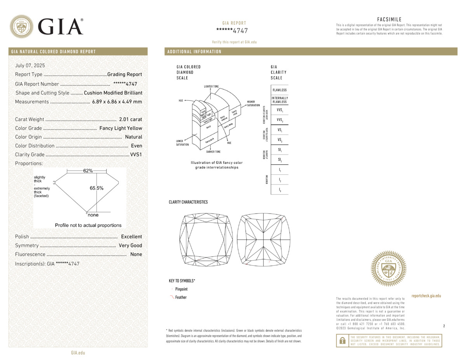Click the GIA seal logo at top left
tap(21, 26)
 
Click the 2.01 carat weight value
tap(130, 119)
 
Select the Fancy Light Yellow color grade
tap(121, 128)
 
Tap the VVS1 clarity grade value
tap(136, 155)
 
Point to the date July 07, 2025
tap(30, 66)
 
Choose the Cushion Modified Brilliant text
tap(113, 93)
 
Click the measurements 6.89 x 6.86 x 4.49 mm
tap(117, 102)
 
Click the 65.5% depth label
tap(97, 188)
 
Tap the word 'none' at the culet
tap(93, 215)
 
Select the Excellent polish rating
tap(132, 237)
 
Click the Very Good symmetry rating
tap(130, 245)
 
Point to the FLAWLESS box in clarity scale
tap(280, 90)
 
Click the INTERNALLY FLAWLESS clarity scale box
tap(280, 100)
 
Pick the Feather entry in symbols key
tap(181, 297)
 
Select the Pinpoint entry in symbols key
tap(181, 289)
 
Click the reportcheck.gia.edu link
tap(426, 296)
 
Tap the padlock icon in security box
tap(342, 341)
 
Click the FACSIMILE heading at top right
tap(389, 19)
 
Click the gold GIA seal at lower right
tap(389, 268)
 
